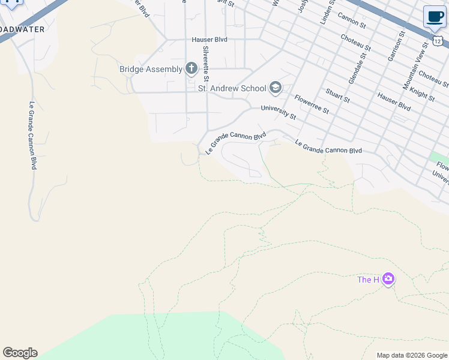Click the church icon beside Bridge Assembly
pos(191,68)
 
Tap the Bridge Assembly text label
pos(151,69)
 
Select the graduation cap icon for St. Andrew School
pos(276,88)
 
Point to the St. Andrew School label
pos(232,88)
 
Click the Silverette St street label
pos(206,64)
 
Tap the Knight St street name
pos(423,93)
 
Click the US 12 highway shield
pos(438,40)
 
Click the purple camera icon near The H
pos(388,279)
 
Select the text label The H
pos(368,280)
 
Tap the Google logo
pos(20,353)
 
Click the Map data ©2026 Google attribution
pos(411,355)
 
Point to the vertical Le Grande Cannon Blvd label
pos(32,135)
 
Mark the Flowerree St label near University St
pos(312,104)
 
